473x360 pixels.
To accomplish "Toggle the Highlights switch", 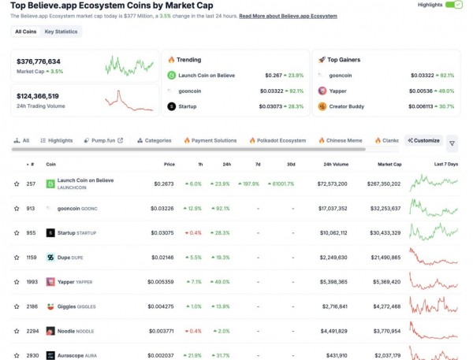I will [x=454, y=5].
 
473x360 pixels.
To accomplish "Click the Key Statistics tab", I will [x=61, y=32].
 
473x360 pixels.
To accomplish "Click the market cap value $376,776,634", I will [x=39, y=61].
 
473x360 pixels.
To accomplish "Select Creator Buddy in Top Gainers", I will [x=352, y=106].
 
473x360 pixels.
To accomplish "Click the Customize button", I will [x=423, y=140].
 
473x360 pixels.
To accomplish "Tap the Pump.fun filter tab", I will [x=102, y=140].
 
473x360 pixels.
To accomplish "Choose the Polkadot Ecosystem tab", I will [x=277, y=140].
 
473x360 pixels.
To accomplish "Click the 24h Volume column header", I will [x=336, y=165].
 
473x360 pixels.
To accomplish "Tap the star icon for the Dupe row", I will [x=17, y=258].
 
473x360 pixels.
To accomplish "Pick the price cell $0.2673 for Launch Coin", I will [x=164, y=184].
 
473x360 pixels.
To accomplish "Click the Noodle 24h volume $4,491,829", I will [x=332, y=331].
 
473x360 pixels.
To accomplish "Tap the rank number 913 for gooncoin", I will [x=31, y=209].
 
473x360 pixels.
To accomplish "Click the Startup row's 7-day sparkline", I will [x=434, y=232].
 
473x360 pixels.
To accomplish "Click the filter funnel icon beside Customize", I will [x=452, y=143].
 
